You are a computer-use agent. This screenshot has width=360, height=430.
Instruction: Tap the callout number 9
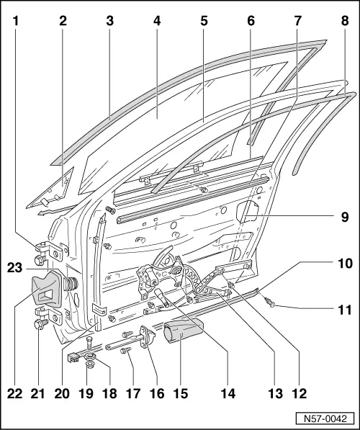pyautogui.click(x=344, y=215)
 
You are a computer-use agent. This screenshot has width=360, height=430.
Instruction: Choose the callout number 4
pyautogui.click(x=156, y=21)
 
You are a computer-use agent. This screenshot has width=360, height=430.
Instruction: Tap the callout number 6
pyautogui.click(x=251, y=21)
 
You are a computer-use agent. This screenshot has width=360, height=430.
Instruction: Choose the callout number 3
pyautogui.click(x=109, y=21)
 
